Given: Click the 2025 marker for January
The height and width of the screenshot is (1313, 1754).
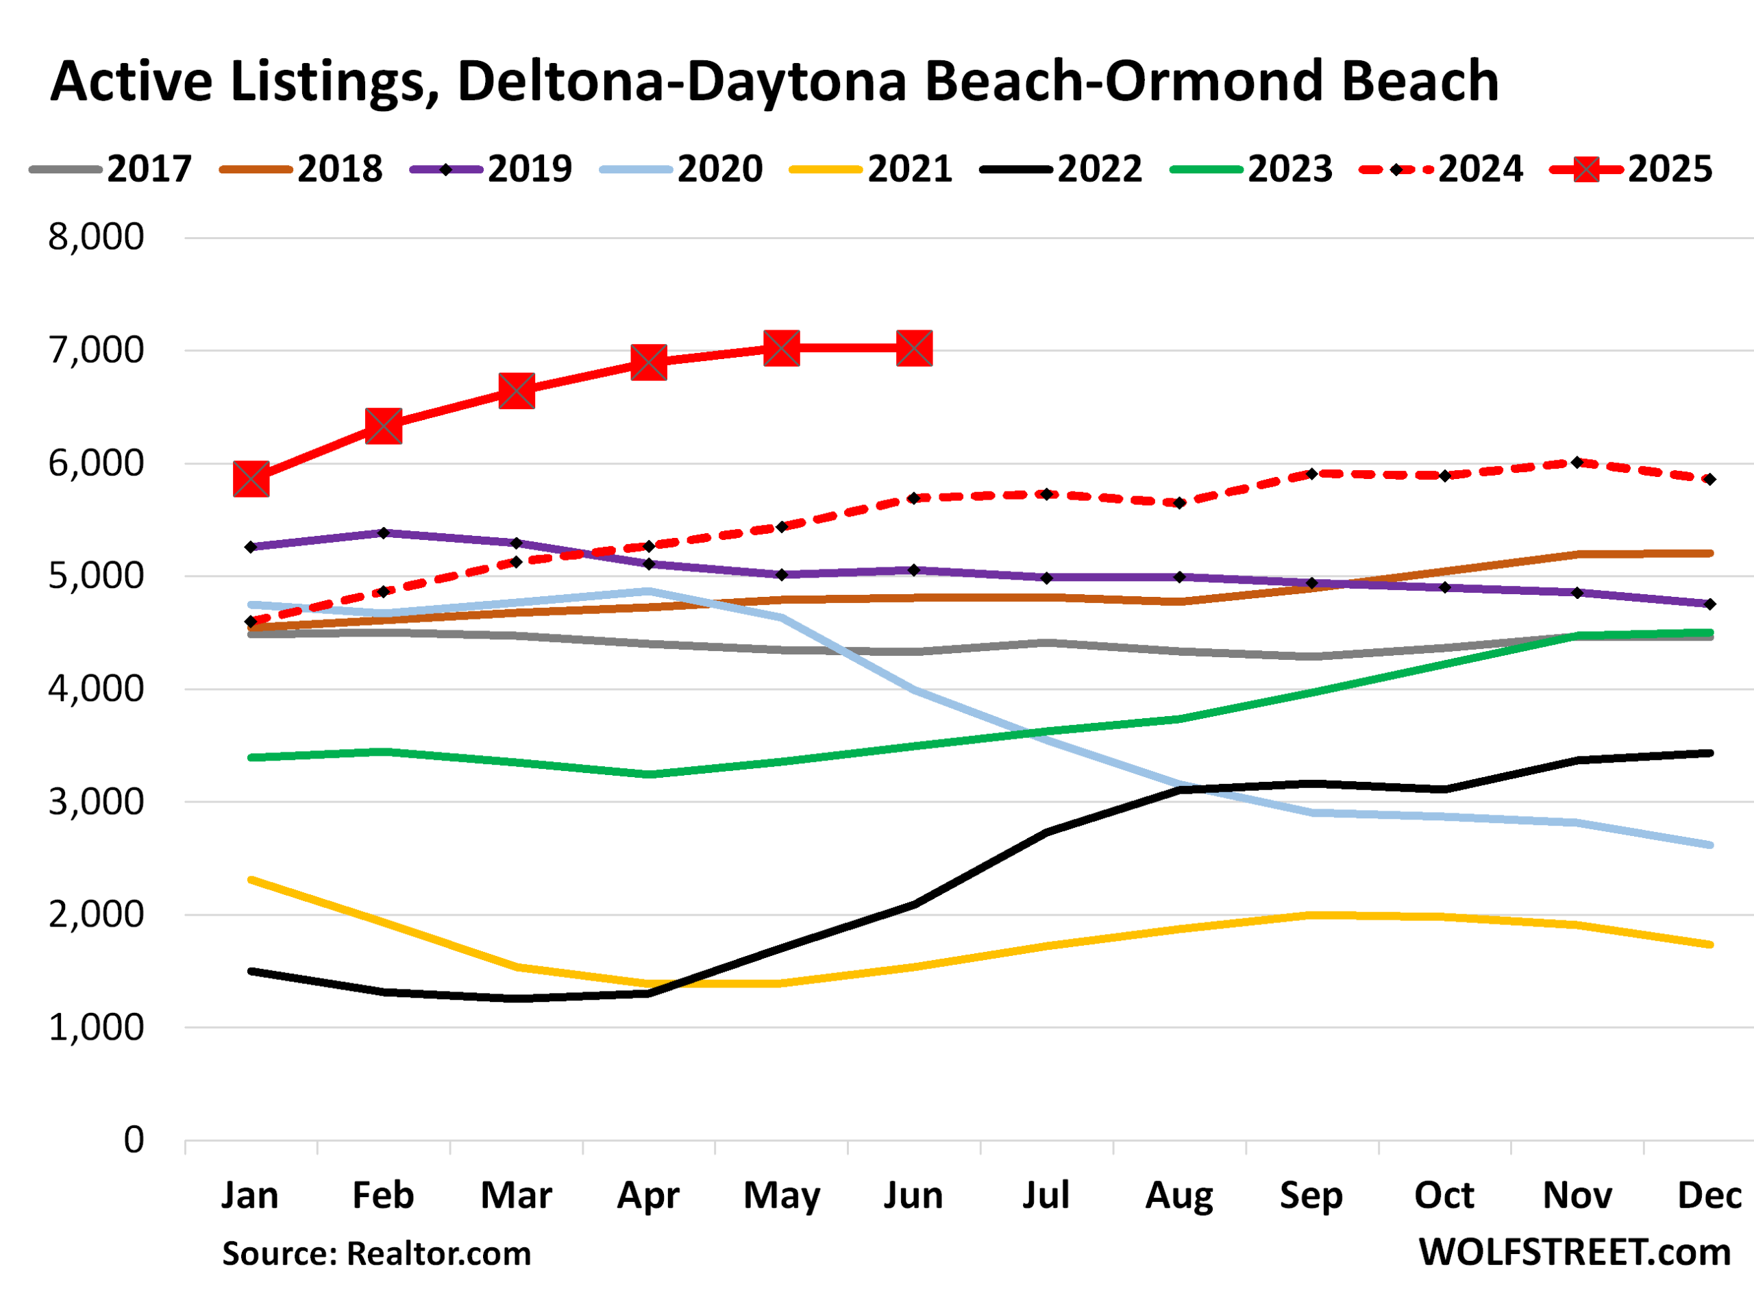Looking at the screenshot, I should pyautogui.click(x=251, y=480).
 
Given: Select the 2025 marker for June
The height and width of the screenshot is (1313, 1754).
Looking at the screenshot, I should pyautogui.click(x=913, y=348).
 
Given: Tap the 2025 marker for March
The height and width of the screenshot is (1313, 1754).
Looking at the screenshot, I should pyautogui.click(x=516, y=391).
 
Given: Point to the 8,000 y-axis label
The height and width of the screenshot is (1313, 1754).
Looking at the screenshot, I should pyautogui.click(x=96, y=236).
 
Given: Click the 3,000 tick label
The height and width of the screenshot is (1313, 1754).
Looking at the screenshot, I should pyautogui.click(x=96, y=802).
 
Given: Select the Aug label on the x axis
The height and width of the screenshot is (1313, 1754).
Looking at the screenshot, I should pyautogui.click(x=1179, y=1196).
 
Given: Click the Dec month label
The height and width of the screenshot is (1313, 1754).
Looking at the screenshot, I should pyautogui.click(x=1709, y=1196).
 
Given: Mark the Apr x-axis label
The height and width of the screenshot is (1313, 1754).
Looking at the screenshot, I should pyautogui.click(x=649, y=1196).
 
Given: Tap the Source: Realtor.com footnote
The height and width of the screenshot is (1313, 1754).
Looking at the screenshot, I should pyautogui.click(x=377, y=1253).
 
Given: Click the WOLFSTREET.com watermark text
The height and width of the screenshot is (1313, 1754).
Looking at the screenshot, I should pyautogui.click(x=1574, y=1253).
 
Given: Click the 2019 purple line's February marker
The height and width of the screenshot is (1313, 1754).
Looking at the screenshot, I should pyautogui.click(x=384, y=533).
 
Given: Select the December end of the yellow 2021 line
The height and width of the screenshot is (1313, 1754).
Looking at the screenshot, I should pyautogui.click(x=1709, y=944).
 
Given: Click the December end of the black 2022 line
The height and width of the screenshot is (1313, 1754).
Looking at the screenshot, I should pyautogui.click(x=1709, y=753).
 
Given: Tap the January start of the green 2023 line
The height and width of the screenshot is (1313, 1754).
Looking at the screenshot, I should pyautogui.click(x=251, y=757).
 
